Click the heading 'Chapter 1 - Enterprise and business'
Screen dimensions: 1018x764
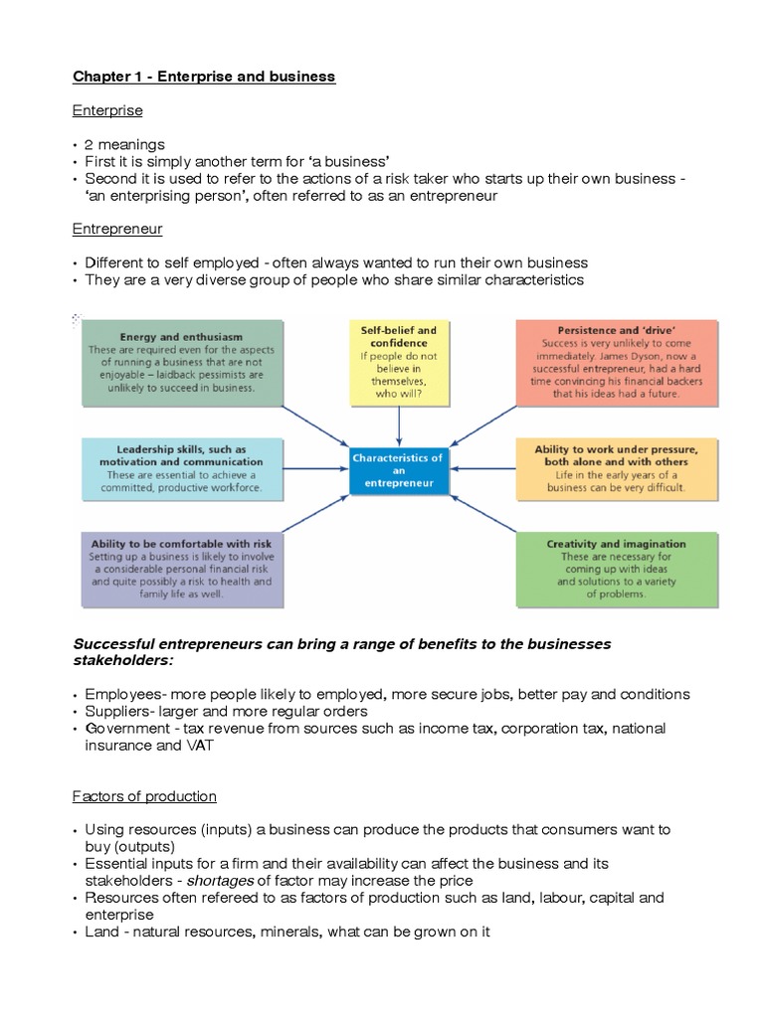pyautogui.click(x=204, y=77)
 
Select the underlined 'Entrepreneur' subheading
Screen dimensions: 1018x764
pyautogui.click(x=117, y=229)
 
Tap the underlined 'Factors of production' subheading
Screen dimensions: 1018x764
pyautogui.click(x=144, y=796)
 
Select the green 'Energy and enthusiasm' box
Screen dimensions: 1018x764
pyautogui.click(x=181, y=362)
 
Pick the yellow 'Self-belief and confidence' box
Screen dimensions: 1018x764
pyautogui.click(x=399, y=362)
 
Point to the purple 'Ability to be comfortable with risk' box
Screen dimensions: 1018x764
pyautogui.click(x=181, y=570)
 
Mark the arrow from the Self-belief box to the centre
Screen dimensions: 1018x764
pyautogui.click(x=399, y=425)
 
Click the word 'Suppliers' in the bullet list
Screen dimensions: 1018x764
pyautogui.click(x=116, y=711)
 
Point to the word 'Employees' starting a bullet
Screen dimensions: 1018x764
pyautogui.click(x=120, y=694)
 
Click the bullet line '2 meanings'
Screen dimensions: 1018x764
pyautogui.click(x=125, y=145)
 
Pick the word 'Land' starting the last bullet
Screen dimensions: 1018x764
pyautogui.click(x=100, y=932)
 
